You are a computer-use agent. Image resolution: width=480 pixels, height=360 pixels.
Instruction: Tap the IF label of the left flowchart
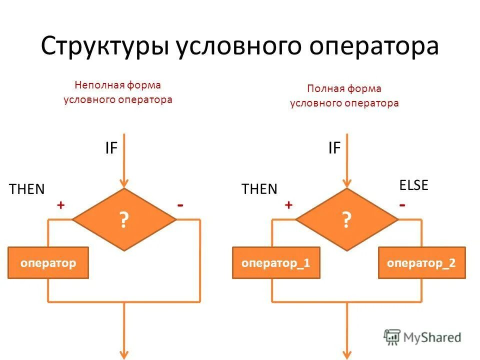click(x=111, y=148)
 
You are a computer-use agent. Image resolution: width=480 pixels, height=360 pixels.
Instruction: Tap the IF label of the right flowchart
click(x=334, y=148)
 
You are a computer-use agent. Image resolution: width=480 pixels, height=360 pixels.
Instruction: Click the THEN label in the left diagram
click(x=27, y=189)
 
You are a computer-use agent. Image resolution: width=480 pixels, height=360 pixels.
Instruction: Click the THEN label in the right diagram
click(x=259, y=189)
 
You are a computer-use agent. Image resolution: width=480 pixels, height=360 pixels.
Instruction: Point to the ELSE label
click(x=413, y=185)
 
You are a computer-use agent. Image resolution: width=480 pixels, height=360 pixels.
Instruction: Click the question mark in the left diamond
click(x=123, y=220)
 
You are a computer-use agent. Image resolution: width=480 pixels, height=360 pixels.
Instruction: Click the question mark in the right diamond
click(x=346, y=220)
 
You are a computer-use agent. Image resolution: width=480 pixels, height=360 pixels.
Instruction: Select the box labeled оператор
click(x=48, y=262)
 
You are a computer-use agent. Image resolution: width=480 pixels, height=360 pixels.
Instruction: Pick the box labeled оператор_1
click(x=272, y=262)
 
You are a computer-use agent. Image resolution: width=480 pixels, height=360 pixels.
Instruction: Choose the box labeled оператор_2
click(x=421, y=262)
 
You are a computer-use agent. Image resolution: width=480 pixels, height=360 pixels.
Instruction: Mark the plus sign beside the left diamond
click(x=61, y=205)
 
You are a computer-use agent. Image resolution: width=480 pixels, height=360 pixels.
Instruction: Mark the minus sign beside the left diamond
click(x=180, y=205)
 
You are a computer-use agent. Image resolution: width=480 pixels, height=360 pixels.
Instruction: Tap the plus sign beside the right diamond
click(x=288, y=205)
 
